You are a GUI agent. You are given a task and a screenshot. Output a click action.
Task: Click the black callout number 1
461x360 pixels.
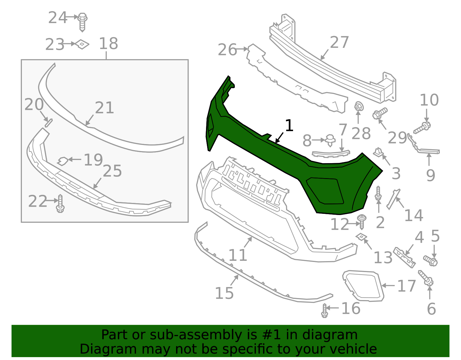[289, 126]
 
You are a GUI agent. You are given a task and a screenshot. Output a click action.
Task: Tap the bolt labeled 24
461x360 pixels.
[83, 21]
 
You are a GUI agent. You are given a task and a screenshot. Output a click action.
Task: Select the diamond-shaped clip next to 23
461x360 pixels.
[82, 44]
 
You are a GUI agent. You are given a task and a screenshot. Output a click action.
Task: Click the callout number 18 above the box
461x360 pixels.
[108, 44]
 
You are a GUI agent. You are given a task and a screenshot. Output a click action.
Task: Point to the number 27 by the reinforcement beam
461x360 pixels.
[339, 43]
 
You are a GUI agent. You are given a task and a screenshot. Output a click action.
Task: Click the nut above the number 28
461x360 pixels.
[359, 107]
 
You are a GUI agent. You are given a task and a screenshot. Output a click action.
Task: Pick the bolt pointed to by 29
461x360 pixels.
[380, 113]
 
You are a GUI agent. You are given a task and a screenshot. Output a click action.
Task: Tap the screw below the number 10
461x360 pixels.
[422, 128]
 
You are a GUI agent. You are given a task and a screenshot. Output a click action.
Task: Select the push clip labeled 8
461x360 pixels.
[330, 140]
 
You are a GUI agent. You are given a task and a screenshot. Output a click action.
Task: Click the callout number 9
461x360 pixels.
[430, 175]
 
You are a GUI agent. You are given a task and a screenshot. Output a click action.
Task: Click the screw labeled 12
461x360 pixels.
[362, 221]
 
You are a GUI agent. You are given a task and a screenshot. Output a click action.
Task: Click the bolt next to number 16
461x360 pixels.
[325, 311]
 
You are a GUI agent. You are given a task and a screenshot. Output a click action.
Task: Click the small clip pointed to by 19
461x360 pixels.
[63, 161]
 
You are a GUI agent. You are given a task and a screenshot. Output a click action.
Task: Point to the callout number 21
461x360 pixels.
[105, 108]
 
